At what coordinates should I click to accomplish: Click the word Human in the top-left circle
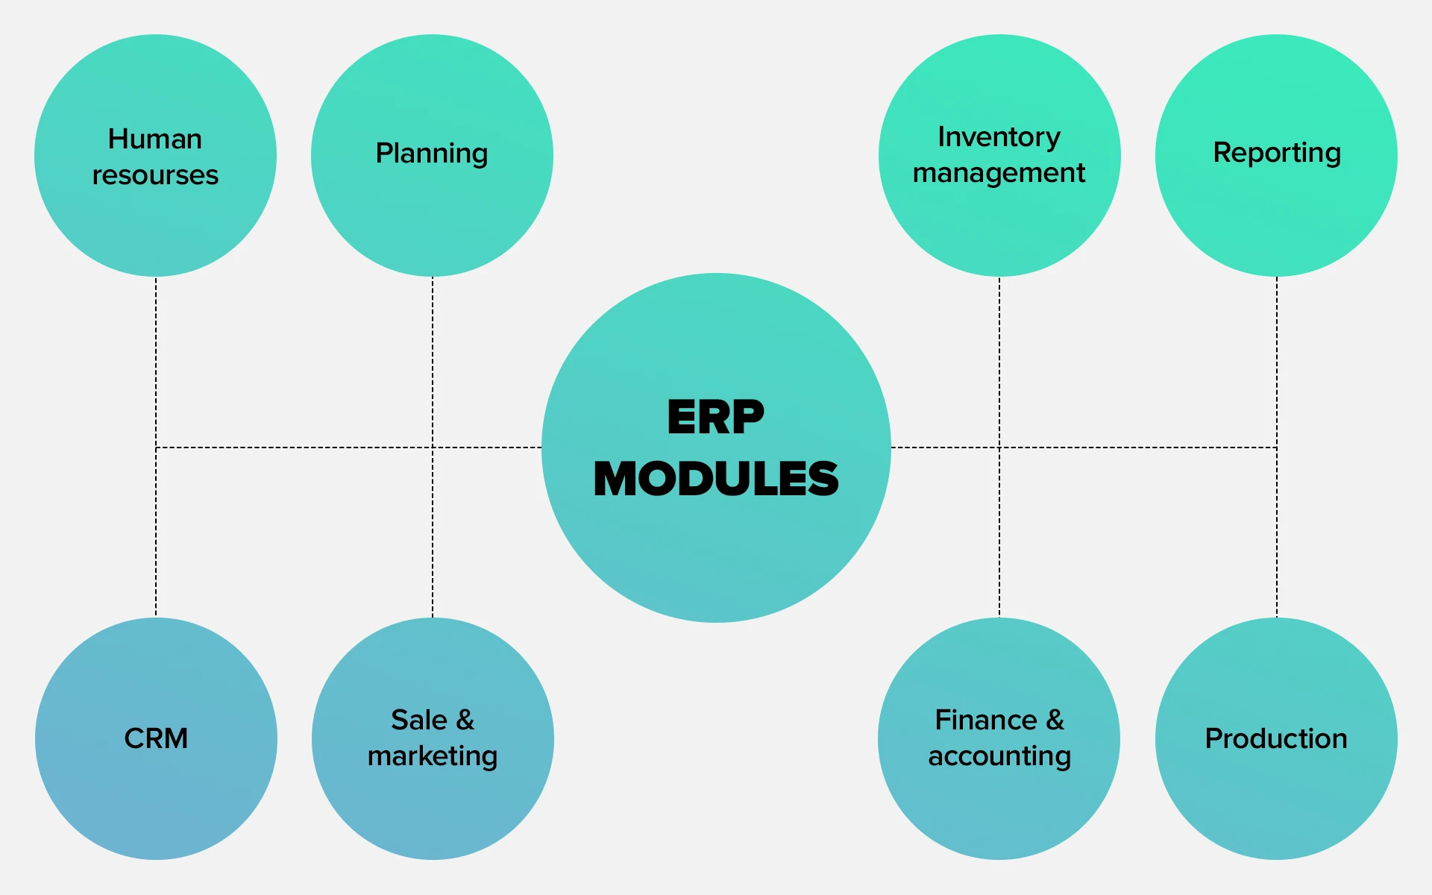click(155, 139)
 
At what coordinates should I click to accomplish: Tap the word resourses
click(155, 175)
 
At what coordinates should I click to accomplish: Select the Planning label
click(432, 154)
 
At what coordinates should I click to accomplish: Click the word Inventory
click(999, 138)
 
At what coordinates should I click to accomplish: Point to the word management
click(999, 174)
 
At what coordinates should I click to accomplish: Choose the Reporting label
click(1277, 154)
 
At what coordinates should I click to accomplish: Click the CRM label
click(156, 738)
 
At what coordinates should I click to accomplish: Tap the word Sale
click(419, 720)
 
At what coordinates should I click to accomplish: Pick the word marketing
click(433, 756)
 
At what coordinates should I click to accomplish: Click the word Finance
click(986, 720)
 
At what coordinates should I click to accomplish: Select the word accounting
click(999, 756)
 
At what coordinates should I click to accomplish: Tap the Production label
click(1276, 738)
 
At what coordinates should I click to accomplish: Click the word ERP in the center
click(716, 417)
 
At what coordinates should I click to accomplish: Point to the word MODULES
click(716, 478)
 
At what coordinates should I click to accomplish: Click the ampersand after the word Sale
click(465, 720)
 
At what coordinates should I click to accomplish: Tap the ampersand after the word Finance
click(1055, 720)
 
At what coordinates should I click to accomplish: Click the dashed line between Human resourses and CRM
click(156, 447)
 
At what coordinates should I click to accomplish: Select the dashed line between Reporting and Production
click(1277, 447)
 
